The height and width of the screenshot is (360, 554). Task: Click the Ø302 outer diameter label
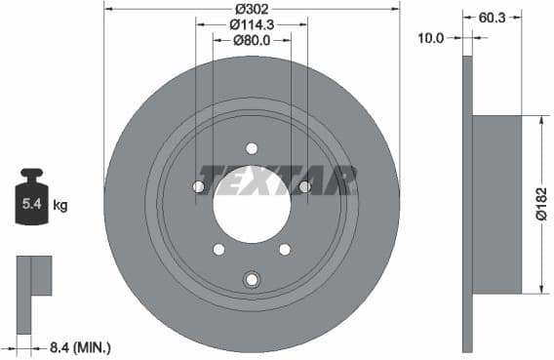252,8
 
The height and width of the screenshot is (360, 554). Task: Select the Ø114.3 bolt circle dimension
252,23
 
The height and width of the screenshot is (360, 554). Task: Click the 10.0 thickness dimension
430,37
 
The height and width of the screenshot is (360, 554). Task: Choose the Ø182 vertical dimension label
543,204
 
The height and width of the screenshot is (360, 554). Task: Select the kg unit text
60,206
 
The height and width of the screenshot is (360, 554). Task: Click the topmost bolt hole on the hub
252,149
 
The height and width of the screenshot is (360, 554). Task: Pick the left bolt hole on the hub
199,186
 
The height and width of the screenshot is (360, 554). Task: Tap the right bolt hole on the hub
304,186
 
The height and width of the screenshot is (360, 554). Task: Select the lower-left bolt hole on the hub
219,250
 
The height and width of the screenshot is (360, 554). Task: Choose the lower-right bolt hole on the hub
285,250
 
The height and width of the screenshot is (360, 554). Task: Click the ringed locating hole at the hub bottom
252,280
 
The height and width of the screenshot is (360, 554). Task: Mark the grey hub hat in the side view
497,204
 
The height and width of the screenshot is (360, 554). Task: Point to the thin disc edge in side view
467,205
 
